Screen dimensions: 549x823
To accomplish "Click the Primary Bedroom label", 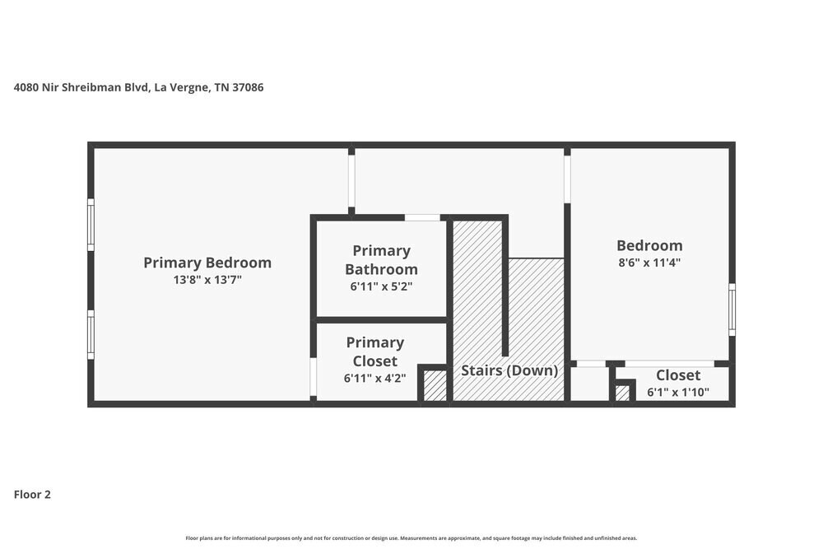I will pyautogui.click(x=207, y=263).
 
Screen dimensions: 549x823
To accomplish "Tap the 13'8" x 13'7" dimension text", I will pyautogui.click(x=207, y=280).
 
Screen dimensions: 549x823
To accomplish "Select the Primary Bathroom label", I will pyautogui.click(x=381, y=259).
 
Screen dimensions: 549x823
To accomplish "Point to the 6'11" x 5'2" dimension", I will pyautogui.click(x=381, y=287).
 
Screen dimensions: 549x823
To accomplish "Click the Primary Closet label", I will pyautogui.click(x=374, y=351).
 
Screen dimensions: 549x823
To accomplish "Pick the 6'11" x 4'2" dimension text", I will pyautogui.click(x=374, y=379).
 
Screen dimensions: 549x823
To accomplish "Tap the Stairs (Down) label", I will pyautogui.click(x=509, y=370).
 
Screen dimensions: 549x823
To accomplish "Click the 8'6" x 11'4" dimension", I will pyautogui.click(x=649, y=263).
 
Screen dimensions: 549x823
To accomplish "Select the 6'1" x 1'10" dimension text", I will pyautogui.click(x=678, y=393).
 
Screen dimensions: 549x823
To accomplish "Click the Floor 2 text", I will pyautogui.click(x=32, y=495).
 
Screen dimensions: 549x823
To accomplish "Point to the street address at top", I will pyautogui.click(x=139, y=86).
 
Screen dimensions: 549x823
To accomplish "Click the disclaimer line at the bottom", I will pyautogui.click(x=411, y=538).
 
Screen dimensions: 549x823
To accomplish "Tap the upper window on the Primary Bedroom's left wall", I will pyautogui.click(x=91, y=224).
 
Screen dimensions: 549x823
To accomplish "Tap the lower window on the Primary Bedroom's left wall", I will pyautogui.click(x=91, y=334).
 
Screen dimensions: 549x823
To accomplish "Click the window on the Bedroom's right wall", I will pyautogui.click(x=732, y=309).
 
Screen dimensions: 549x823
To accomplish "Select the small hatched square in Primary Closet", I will pyautogui.click(x=435, y=385).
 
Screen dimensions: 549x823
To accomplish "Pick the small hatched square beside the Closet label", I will pyautogui.click(x=622, y=393).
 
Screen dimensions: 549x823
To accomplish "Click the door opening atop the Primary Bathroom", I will pyautogui.click(x=422, y=217).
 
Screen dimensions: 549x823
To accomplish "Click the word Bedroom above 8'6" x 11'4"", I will pyautogui.click(x=649, y=245).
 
